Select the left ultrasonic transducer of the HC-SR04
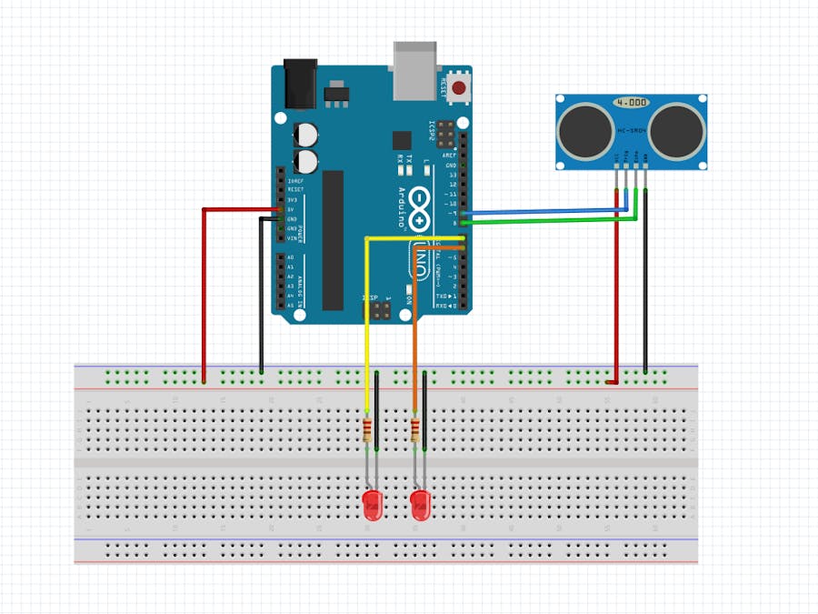pyautogui.click(x=584, y=129)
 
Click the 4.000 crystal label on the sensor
pyautogui.click(x=630, y=103)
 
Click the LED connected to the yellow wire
pyautogui.click(x=373, y=506)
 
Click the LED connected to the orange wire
pyautogui.click(x=420, y=506)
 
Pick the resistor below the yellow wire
pyautogui.click(x=367, y=430)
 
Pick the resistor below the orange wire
pyautogui.click(x=415, y=430)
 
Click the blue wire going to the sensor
pyautogui.click(x=545, y=213)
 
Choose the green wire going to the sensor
pyautogui.click(x=545, y=221)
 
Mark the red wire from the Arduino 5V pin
pyautogui.click(x=203, y=291)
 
